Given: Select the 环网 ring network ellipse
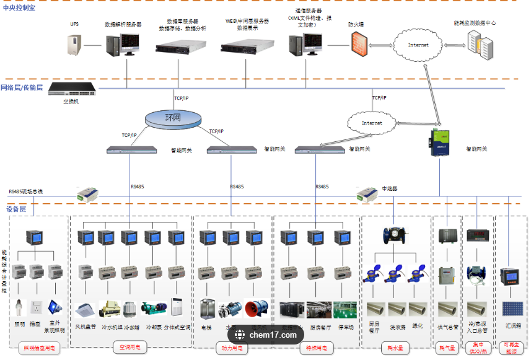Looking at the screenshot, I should [173, 117].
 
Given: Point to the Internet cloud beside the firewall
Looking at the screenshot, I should [418, 45].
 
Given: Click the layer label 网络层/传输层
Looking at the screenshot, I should [22, 87].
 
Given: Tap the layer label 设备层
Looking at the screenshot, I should [16, 209].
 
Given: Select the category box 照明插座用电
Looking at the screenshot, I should [39, 349].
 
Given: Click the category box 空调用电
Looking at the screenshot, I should [130, 348].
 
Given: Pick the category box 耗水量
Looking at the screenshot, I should [395, 348].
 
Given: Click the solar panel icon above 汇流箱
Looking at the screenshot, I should [512, 309].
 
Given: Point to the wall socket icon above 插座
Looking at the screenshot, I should [37, 307].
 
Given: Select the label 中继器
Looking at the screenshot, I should [389, 188].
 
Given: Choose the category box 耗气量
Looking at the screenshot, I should [447, 348].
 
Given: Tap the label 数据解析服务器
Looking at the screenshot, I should [123, 25].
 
